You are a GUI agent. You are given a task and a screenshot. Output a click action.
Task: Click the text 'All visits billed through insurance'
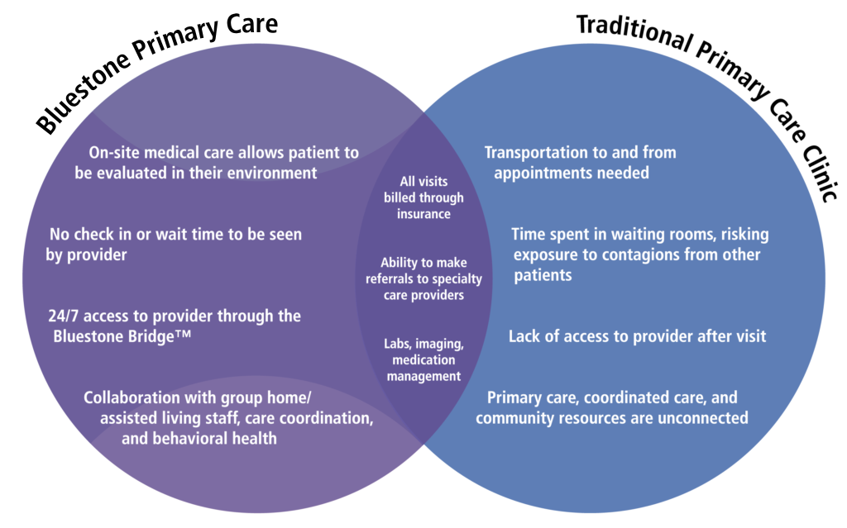[x=423, y=197]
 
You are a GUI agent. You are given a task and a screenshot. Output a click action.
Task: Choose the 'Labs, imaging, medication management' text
[x=423, y=359]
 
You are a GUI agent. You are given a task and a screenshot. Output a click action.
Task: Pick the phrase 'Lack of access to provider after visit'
[x=638, y=336]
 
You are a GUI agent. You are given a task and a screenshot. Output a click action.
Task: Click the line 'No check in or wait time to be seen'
[x=175, y=235]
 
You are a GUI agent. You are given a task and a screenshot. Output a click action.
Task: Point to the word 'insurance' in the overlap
[x=423, y=214]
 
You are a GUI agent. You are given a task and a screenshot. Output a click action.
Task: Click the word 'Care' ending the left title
[x=251, y=25]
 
